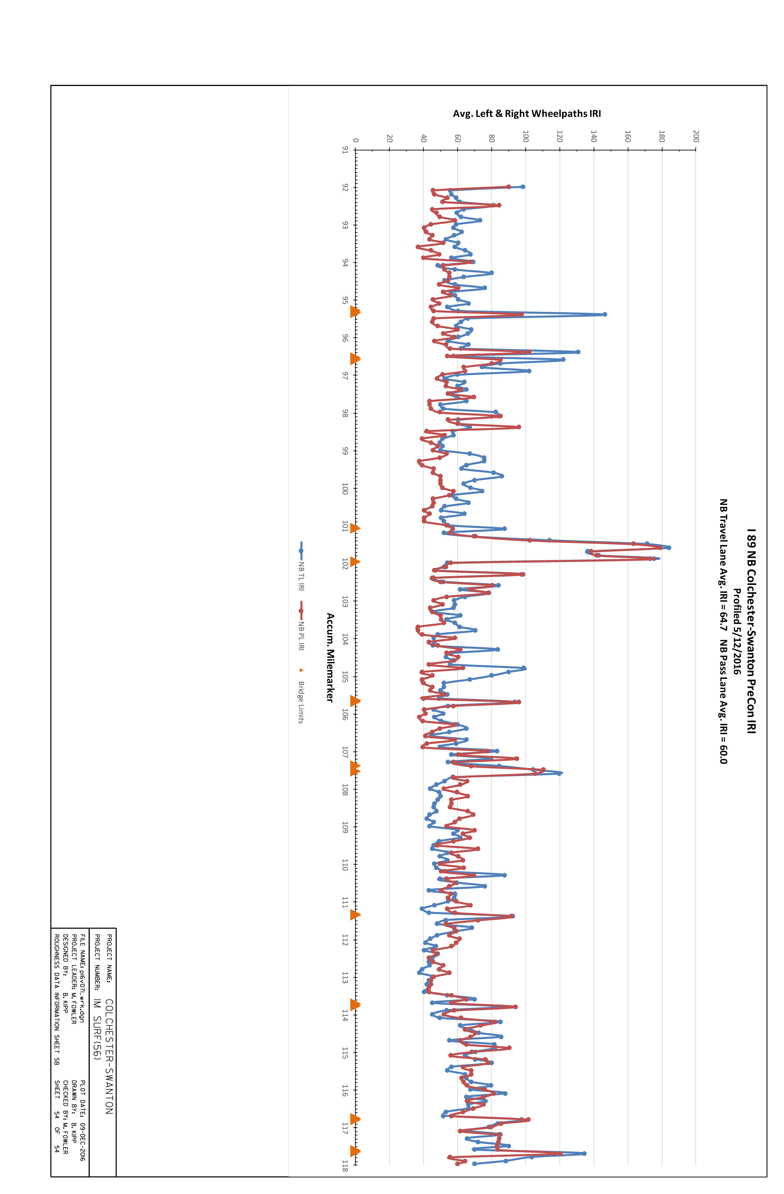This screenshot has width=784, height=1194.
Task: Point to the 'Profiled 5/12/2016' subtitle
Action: tap(737, 631)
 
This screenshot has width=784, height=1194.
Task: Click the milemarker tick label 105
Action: tap(345, 677)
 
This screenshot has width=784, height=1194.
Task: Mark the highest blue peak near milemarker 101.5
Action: tap(669, 547)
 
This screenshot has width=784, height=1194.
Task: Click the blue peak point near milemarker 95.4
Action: tap(605, 314)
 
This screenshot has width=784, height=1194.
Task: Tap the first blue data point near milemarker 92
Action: tap(523, 187)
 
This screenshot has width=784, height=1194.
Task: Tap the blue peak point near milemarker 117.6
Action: tap(584, 1153)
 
